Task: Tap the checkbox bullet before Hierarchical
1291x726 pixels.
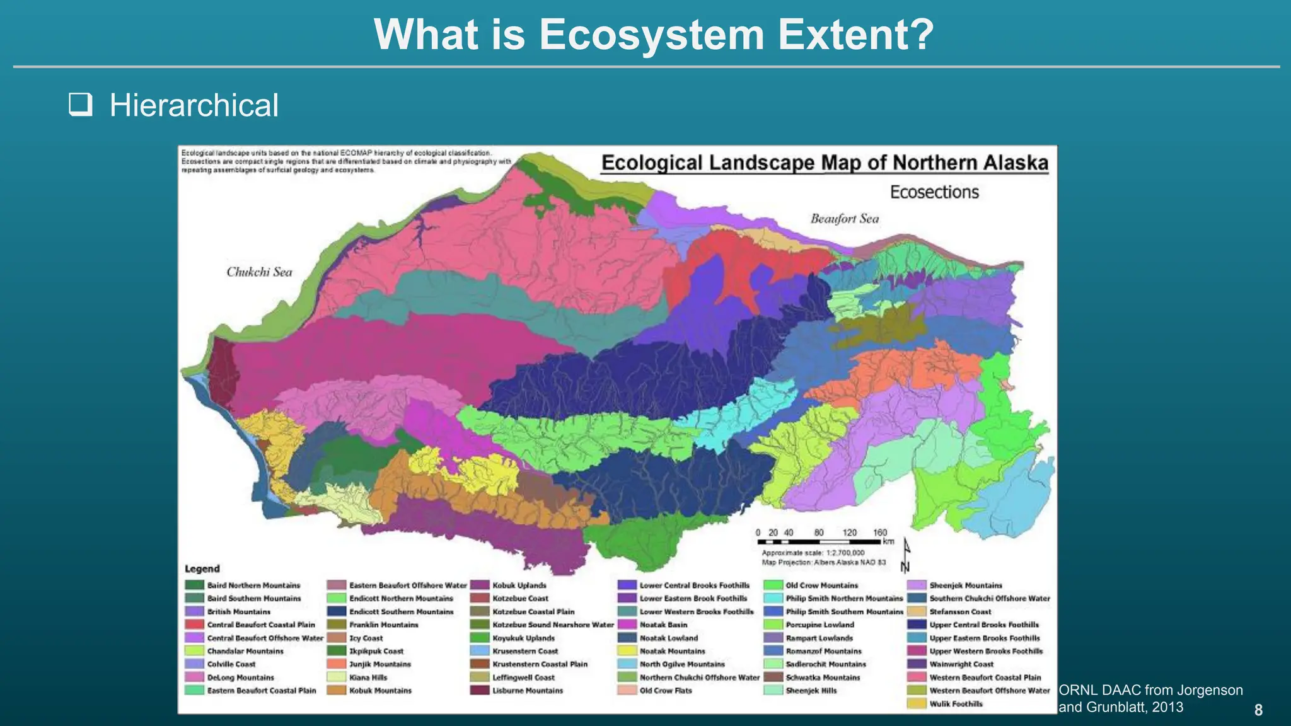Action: click(x=81, y=105)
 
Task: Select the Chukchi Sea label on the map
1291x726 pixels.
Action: click(x=259, y=272)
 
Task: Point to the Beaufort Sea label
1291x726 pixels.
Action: click(x=844, y=219)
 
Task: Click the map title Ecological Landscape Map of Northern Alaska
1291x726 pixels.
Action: click(x=824, y=163)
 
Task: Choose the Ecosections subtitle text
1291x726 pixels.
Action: click(x=934, y=192)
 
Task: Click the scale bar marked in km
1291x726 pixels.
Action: click(x=819, y=541)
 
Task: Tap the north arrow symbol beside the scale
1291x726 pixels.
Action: click(x=905, y=555)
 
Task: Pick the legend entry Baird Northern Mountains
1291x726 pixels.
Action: click(x=253, y=585)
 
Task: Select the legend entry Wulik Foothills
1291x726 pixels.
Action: click(x=955, y=704)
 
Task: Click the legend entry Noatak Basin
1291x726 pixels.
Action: click(x=663, y=625)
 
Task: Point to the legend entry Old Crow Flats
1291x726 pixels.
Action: click(x=665, y=691)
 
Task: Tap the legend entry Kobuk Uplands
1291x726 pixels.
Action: click(x=519, y=585)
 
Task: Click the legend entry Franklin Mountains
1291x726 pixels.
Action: click(x=383, y=625)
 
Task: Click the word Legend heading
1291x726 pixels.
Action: click(x=202, y=568)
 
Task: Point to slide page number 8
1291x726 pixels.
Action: click(x=1258, y=710)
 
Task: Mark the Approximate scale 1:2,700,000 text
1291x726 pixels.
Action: click(x=813, y=553)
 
